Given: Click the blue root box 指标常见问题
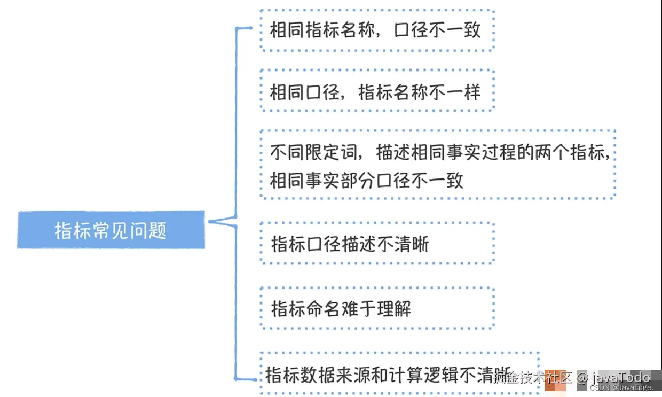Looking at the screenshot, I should coord(111,230).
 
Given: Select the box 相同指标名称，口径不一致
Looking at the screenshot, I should coord(376,30).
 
